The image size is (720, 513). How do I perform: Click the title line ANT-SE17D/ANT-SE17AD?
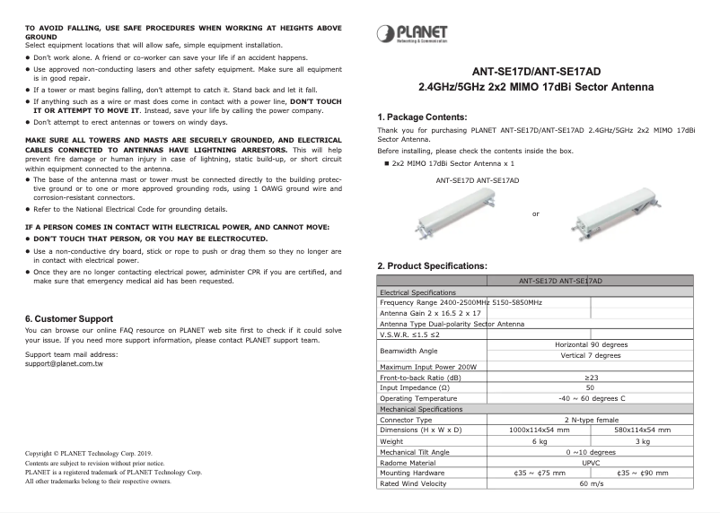point(537,73)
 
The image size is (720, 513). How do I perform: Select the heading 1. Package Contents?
point(421,117)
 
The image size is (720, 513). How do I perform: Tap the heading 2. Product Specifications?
point(432,265)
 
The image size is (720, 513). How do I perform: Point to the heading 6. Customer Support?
point(69,318)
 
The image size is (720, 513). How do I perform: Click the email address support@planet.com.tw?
point(64,363)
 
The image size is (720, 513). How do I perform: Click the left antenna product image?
point(477,210)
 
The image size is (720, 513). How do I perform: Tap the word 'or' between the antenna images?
point(536,213)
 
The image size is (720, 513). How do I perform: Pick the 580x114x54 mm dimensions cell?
point(642,430)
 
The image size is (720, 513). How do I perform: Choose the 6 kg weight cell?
point(540,441)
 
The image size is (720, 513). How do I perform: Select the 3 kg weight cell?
point(642,441)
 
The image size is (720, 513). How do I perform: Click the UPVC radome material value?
point(591,463)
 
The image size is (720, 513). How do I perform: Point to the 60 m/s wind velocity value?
point(591,484)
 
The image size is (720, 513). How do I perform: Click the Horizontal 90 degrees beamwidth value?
point(591,344)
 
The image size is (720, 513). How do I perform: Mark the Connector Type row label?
point(406,420)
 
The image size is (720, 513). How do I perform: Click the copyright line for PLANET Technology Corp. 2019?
point(89,454)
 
